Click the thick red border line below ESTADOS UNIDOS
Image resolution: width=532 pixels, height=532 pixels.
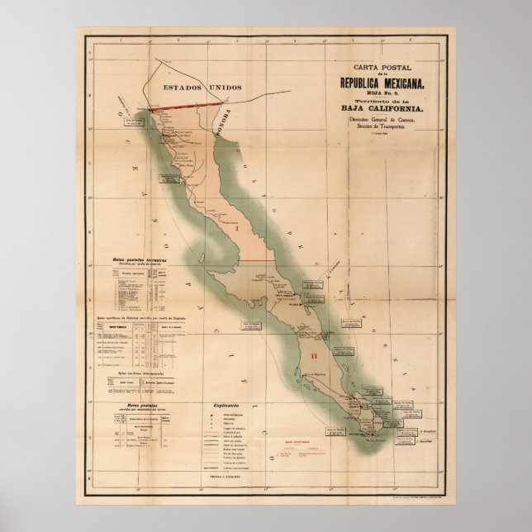190,104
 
